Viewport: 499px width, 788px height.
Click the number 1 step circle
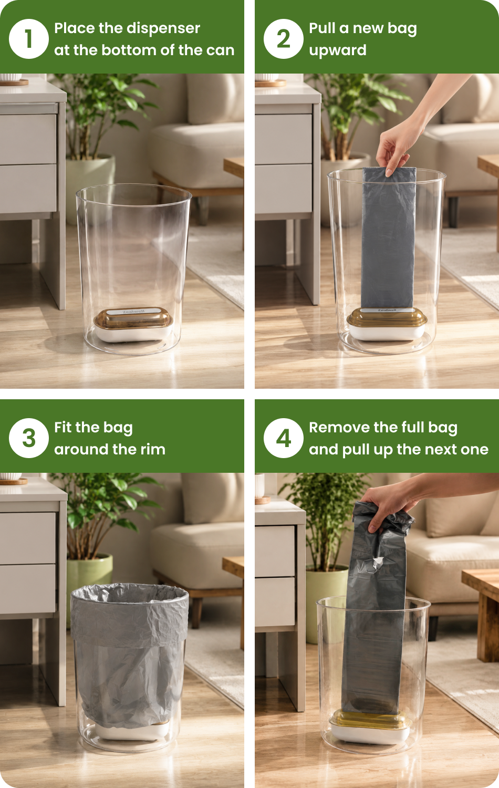[29, 39]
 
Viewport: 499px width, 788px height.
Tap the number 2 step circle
[284, 39]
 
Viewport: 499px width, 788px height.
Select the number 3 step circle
[29, 438]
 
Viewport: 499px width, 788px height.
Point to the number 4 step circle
[284, 438]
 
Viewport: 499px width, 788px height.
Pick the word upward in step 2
[338, 50]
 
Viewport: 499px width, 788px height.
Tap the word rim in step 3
[153, 449]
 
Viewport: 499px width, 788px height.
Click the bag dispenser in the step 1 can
[133, 324]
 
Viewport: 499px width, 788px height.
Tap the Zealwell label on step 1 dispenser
[133, 312]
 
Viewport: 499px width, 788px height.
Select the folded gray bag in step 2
[388, 238]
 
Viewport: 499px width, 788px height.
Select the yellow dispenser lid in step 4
[370, 719]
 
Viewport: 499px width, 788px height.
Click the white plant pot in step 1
[90, 186]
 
